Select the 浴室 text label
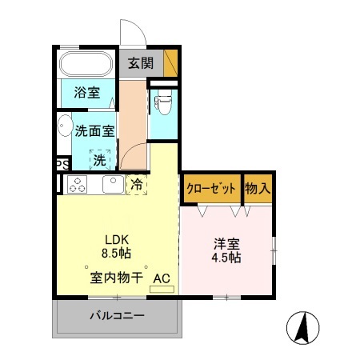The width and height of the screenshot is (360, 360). (87, 92)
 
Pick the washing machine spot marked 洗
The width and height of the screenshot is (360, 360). (100, 159)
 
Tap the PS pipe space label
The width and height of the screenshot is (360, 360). (61, 165)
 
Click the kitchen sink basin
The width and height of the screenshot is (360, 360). (112, 185)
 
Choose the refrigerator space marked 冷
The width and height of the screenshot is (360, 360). (136, 185)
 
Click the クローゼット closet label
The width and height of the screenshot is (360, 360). (211, 189)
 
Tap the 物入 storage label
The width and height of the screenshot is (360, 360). (258, 189)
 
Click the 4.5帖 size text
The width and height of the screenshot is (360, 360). (226, 258)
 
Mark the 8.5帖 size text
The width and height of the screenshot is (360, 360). (115, 253)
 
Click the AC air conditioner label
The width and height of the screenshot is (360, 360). (161, 278)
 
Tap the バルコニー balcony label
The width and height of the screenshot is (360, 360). (116, 317)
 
